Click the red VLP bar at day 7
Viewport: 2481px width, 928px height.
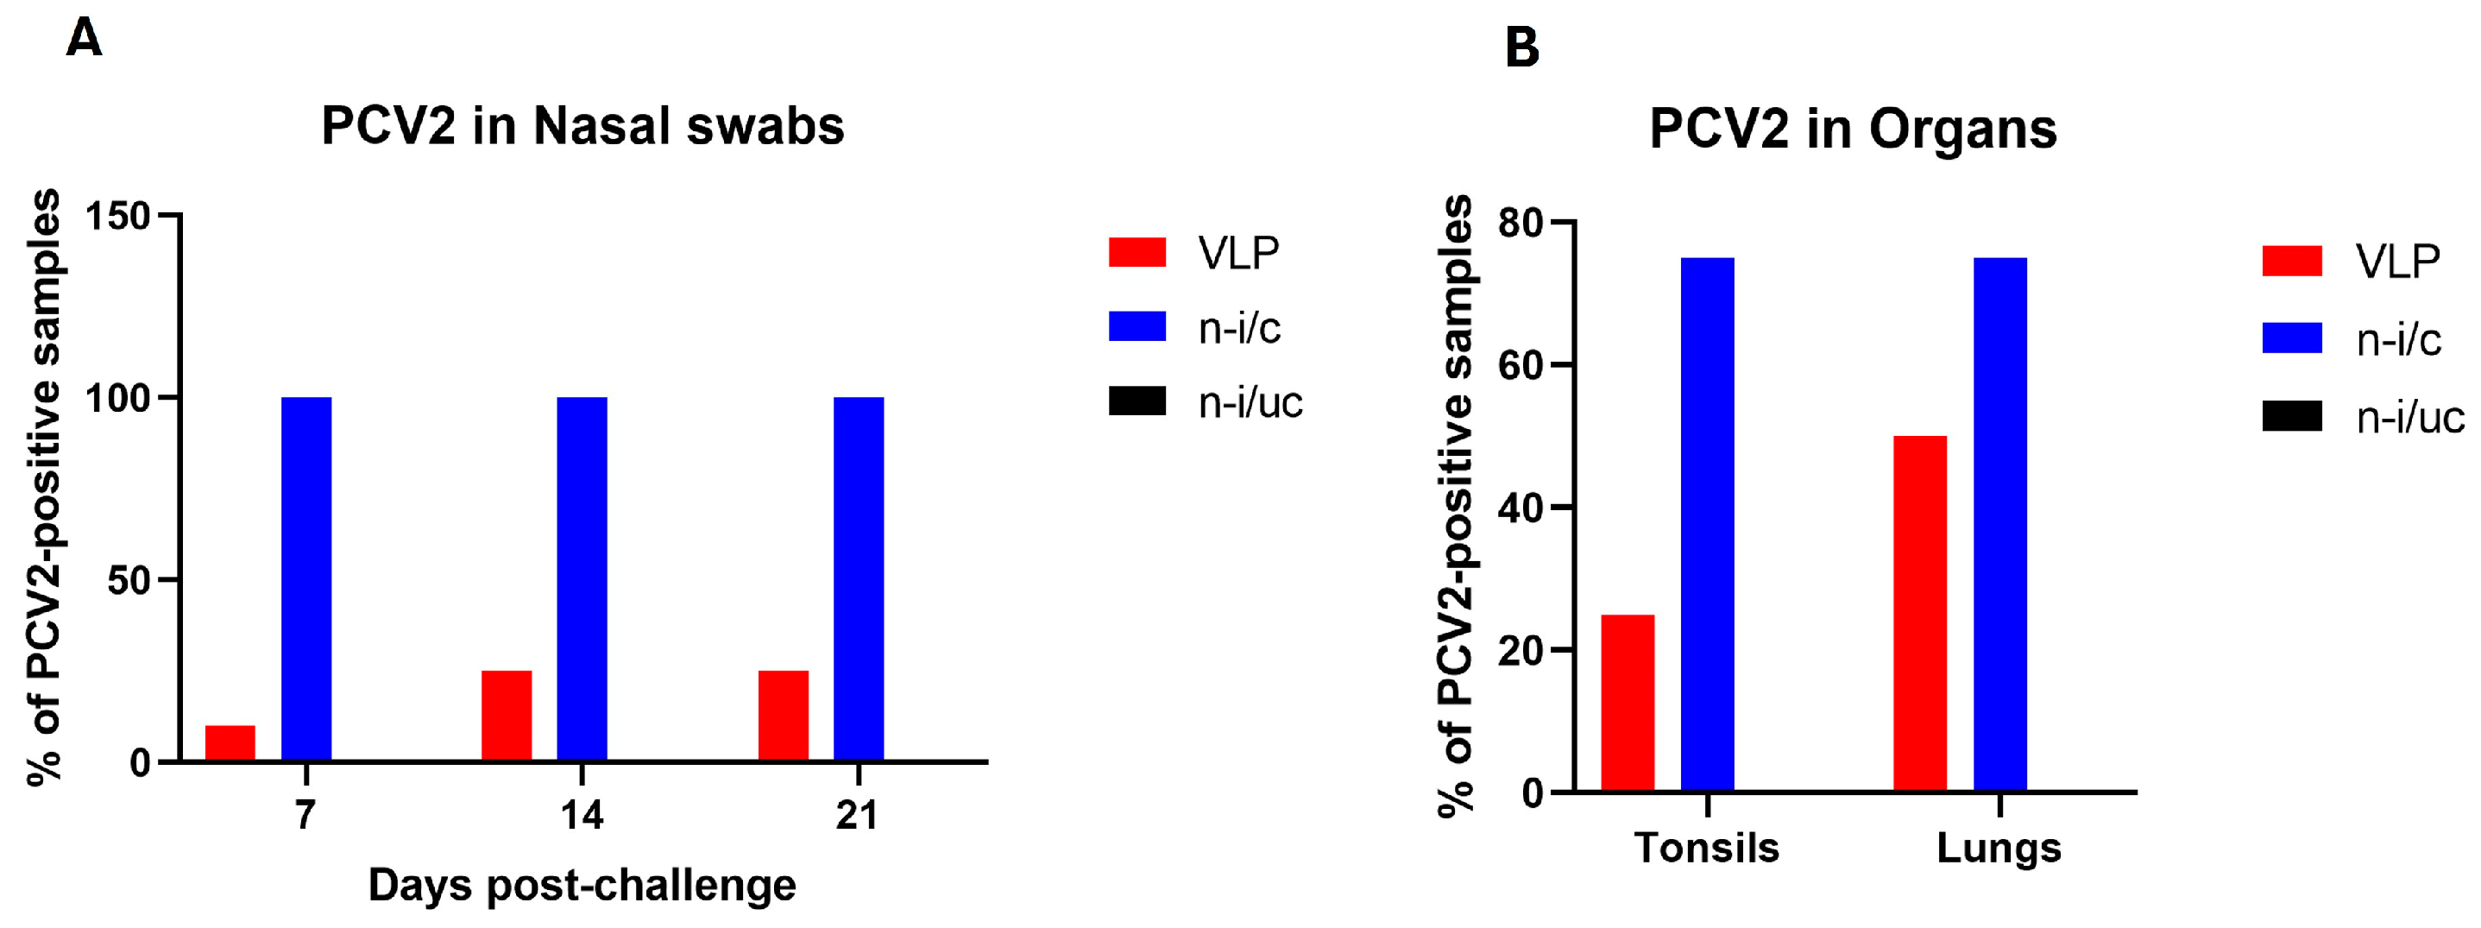230,743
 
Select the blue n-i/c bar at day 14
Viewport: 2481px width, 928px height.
582,578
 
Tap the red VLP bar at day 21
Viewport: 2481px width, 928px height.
783,715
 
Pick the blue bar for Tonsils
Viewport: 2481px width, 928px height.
1708,525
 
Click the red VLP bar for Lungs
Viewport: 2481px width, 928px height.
1919,614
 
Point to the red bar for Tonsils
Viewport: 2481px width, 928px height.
1628,704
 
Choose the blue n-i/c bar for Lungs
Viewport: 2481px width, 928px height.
2000,525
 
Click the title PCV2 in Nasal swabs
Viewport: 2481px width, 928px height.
582,126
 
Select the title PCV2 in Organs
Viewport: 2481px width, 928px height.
1853,129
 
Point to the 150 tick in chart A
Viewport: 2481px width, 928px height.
117,216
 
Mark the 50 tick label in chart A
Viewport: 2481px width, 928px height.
129,580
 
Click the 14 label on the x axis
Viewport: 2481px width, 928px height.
582,815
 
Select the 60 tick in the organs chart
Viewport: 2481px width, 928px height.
1521,365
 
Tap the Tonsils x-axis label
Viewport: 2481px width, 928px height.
1707,848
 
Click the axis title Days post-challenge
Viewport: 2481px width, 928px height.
582,885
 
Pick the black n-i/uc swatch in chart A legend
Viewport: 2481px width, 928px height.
1137,401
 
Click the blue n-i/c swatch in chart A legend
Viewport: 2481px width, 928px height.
1137,326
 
